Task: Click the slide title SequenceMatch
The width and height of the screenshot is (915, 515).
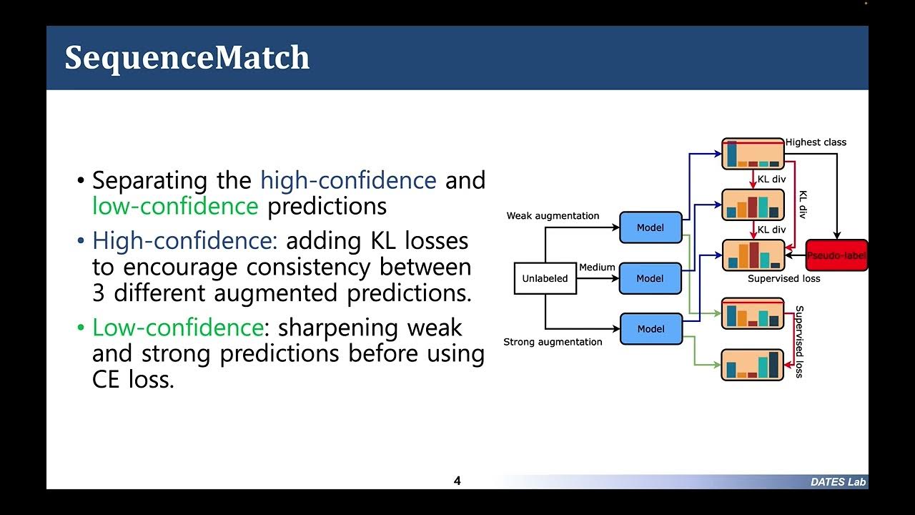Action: coord(187,58)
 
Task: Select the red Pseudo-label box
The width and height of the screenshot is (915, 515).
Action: coord(836,255)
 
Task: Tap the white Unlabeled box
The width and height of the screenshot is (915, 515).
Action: coord(545,278)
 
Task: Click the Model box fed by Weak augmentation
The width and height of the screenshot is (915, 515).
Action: coord(651,227)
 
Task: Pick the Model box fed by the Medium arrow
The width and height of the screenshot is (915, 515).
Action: coord(651,278)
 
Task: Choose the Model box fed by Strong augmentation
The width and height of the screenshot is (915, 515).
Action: coord(651,329)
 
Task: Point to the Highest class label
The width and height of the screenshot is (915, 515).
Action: coord(816,142)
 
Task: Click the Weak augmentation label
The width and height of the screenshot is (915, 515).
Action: coord(553,215)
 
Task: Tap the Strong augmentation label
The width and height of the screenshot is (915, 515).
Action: coord(553,342)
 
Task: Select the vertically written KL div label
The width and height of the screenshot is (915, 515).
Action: coord(803,205)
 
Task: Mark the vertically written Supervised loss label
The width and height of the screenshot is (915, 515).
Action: coord(799,341)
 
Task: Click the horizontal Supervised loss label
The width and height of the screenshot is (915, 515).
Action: coord(783,278)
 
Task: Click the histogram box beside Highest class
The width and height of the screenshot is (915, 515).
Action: coord(753,154)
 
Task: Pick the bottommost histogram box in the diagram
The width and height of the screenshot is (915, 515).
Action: coord(753,365)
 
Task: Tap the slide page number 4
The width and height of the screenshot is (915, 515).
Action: coord(457,481)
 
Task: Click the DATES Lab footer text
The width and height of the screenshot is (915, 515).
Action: coord(838,482)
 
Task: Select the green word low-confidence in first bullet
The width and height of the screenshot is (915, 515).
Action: coord(175,206)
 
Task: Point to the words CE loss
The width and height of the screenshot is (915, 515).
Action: coord(133,379)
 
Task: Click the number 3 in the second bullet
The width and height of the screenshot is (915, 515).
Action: coord(99,293)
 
